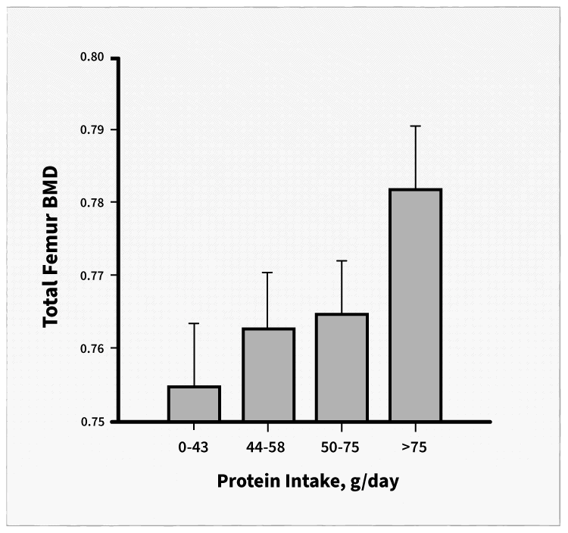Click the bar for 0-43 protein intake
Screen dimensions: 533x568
pyautogui.click(x=194, y=404)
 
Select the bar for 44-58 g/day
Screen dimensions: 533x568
pyautogui.click(x=268, y=375)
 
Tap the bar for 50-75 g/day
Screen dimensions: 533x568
pyautogui.click(x=342, y=367)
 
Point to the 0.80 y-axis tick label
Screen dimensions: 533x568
pyautogui.click(x=95, y=58)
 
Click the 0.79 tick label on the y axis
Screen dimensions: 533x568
pyautogui.click(x=95, y=130)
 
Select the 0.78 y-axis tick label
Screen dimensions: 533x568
pyautogui.click(x=95, y=203)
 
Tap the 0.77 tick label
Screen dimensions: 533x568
pyautogui.click(x=95, y=276)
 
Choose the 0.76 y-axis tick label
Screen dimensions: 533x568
pyautogui.click(x=95, y=348)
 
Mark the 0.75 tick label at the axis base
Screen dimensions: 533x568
pyautogui.click(x=95, y=421)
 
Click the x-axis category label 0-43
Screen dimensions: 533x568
pyautogui.click(x=194, y=447)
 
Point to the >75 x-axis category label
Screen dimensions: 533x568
pyautogui.click(x=415, y=447)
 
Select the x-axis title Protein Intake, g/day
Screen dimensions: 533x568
pyautogui.click(x=307, y=482)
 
